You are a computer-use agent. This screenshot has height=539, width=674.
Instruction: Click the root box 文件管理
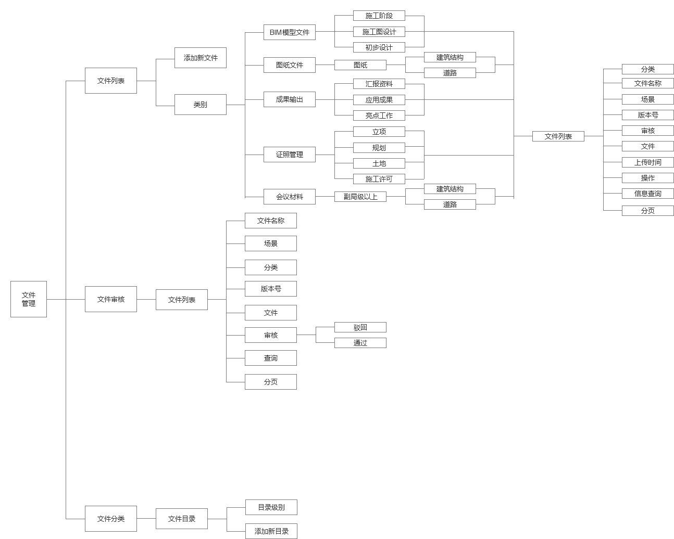tap(29, 299)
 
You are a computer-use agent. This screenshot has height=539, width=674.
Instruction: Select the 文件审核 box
tap(111, 299)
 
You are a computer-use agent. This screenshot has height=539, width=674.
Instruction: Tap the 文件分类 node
tap(111, 519)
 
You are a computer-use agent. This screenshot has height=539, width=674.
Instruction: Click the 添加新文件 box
tap(201, 58)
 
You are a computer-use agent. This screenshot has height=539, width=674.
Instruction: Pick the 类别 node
tap(201, 105)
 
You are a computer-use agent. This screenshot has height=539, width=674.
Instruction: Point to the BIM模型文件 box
tap(290, 32)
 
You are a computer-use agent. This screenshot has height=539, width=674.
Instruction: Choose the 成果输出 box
tap(290, 99)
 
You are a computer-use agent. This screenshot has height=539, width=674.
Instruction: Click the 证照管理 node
tap(290, 155)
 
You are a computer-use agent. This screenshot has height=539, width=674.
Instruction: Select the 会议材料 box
tap(290, 197)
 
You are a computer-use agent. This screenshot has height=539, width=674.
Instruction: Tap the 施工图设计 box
tap(379, 32)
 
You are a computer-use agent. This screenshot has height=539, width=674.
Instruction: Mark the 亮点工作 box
tap(379, 115)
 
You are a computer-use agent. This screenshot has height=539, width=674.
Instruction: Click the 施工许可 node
tap(379, 179)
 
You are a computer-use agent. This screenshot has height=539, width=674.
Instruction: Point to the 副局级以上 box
tap(360, 197)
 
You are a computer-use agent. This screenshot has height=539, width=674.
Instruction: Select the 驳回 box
tap(360, 327)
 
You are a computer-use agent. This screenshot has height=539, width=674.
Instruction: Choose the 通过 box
tap(360, 343)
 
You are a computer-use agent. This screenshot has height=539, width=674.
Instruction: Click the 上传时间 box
tap(648, 162)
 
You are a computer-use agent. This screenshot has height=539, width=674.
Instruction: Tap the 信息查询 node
tap(648, 194)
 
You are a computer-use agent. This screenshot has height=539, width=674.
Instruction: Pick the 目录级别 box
tap(271, 507)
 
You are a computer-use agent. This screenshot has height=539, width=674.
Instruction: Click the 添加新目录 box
tap(271, 531)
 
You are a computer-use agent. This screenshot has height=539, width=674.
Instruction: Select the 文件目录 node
tap(182, 519)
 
